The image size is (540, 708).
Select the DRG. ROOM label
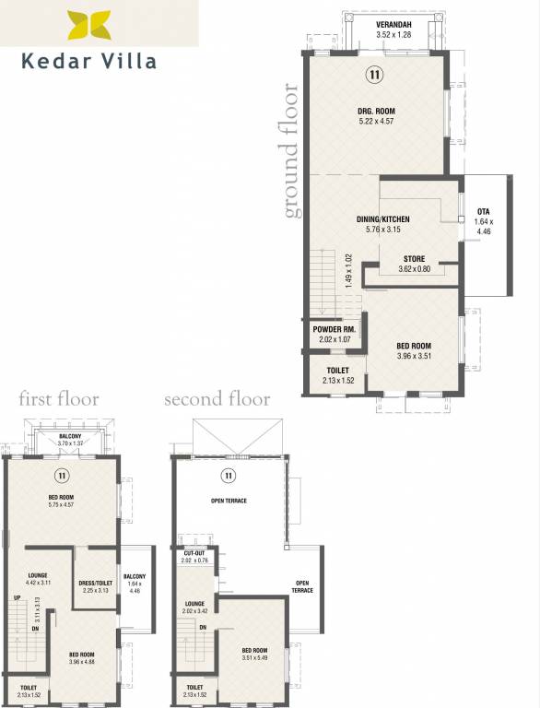(376, 112)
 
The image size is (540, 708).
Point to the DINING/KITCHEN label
(382, 219)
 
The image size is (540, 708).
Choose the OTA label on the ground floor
(484, 212)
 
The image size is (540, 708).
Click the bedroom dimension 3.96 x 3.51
(414, 355)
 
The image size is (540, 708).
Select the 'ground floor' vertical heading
(291, 152)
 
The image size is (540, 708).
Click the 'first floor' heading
(59, 399)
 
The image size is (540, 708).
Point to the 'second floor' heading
(217, 399)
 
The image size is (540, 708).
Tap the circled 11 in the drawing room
(376, 74)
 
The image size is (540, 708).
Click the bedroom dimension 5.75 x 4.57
(61, 504)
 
